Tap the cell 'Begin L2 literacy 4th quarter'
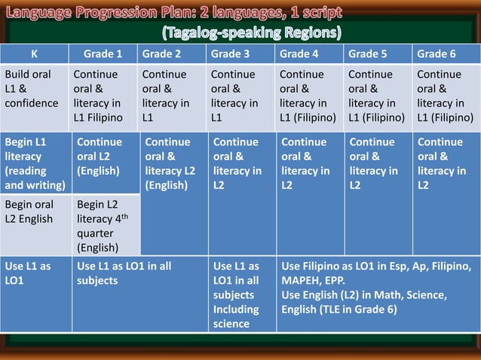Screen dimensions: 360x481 (x=103, y=225)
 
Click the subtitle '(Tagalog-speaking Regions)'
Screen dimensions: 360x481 (x=251, y=33)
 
